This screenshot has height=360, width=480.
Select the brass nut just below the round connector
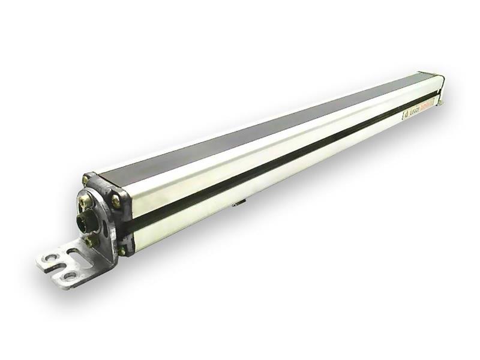point(91,241)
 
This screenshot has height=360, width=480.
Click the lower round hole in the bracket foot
point(71,275)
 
